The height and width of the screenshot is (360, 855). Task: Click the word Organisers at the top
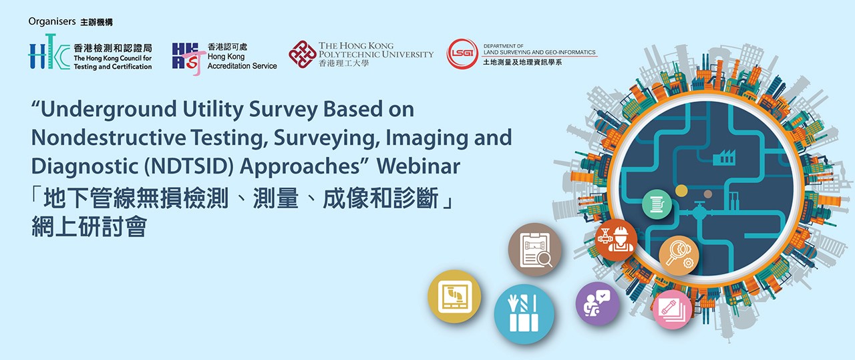click(52, 22)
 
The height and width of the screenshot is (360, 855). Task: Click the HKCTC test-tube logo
click(49, 51)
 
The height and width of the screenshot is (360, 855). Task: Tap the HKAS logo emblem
click(187, 58)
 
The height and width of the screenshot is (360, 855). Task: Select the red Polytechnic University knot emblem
click(303, 54)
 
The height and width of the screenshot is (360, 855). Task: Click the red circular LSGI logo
click(462, 54)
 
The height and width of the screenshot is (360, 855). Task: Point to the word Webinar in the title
click(418, 166)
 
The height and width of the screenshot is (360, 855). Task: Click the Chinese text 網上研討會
click(90, 227)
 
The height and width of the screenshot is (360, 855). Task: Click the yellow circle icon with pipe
click(454, 297)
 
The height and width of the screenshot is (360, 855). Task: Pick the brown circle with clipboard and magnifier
click(535, 250)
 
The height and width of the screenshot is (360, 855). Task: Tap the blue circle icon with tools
click(524, 314)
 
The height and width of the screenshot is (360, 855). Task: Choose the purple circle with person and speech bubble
click(597, 303)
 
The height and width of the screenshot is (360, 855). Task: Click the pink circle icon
click(672, 309)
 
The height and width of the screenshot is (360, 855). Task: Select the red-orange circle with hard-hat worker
click(616, 240)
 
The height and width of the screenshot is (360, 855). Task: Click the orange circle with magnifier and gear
click(679, 256)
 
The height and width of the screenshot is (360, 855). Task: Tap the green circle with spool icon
click(657, 204)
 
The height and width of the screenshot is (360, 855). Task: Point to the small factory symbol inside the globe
click(724, 157)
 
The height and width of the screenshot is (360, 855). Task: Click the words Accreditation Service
click(242, 66)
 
